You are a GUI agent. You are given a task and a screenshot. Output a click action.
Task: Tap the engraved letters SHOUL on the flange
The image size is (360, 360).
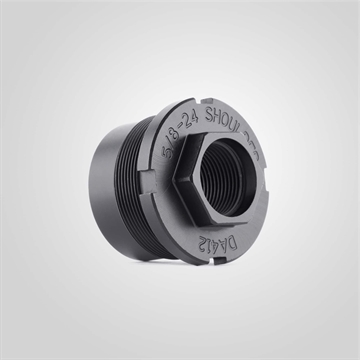click(228, 118)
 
